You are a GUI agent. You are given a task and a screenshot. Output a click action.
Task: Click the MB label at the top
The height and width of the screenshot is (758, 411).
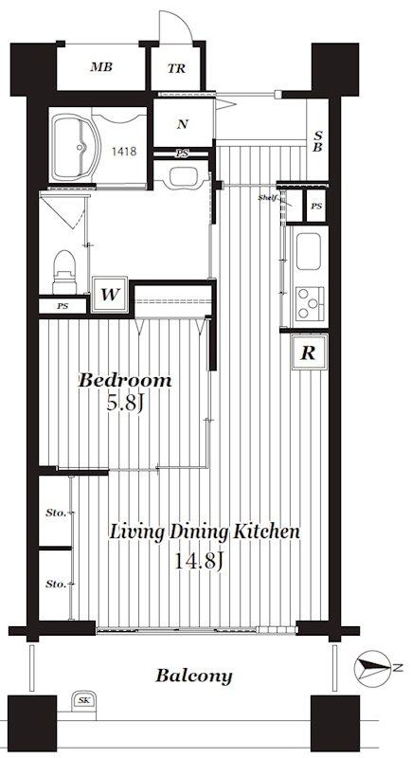(101, 67)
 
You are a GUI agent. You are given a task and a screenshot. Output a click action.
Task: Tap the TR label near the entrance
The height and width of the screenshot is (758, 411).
(177, 68)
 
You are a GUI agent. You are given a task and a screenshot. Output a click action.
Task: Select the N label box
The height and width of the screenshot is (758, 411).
(182, 124)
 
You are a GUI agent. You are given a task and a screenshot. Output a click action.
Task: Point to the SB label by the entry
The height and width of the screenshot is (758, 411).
(317, 140)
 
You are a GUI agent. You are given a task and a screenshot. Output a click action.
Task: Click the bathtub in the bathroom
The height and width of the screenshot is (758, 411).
(75, 148)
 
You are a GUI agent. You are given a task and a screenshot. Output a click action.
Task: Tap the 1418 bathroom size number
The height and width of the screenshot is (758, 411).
(124, 152)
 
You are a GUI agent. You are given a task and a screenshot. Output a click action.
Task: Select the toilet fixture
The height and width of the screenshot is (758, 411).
(64, 272)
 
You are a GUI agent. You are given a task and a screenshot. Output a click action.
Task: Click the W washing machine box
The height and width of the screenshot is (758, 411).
(110, 294)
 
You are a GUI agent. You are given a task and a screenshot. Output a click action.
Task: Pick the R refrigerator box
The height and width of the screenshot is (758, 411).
(309, 352)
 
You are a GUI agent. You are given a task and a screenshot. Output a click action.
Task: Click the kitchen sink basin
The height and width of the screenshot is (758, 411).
(309, 251)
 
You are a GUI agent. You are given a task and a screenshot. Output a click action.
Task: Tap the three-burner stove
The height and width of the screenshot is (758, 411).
(310, 303)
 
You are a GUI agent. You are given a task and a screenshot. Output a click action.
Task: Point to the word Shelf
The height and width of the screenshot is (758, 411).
(267, 197)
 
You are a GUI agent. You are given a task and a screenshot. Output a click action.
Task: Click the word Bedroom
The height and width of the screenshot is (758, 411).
(125, 380)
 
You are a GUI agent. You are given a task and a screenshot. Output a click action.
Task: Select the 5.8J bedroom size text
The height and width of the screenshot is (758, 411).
(124, 403)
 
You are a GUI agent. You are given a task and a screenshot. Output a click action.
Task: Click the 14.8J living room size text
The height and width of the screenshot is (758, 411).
(198, 561)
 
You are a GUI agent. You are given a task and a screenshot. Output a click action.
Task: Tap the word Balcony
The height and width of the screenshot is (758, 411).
(194, 676)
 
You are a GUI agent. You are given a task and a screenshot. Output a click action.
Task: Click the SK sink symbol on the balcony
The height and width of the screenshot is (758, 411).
(83, 700)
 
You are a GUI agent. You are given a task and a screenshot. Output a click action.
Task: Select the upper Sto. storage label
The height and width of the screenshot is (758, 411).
(56, 513)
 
